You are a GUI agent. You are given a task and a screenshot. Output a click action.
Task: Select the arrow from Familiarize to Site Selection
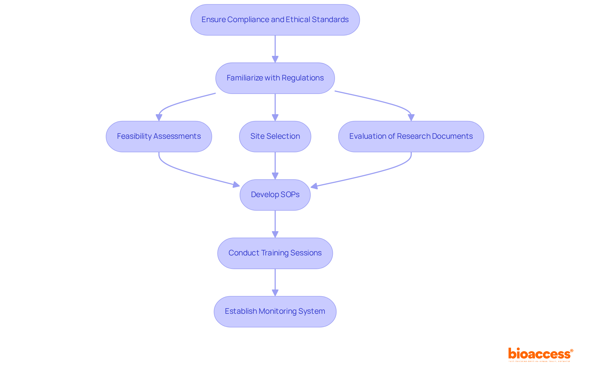[275, 106]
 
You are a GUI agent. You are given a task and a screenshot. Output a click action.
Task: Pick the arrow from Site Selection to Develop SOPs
[275, 164]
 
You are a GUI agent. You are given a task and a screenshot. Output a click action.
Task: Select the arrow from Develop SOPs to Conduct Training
[275, 223]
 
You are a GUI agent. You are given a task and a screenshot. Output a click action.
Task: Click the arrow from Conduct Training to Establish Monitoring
[275, 281]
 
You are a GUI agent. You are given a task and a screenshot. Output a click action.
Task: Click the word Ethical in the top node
[298, 20]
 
